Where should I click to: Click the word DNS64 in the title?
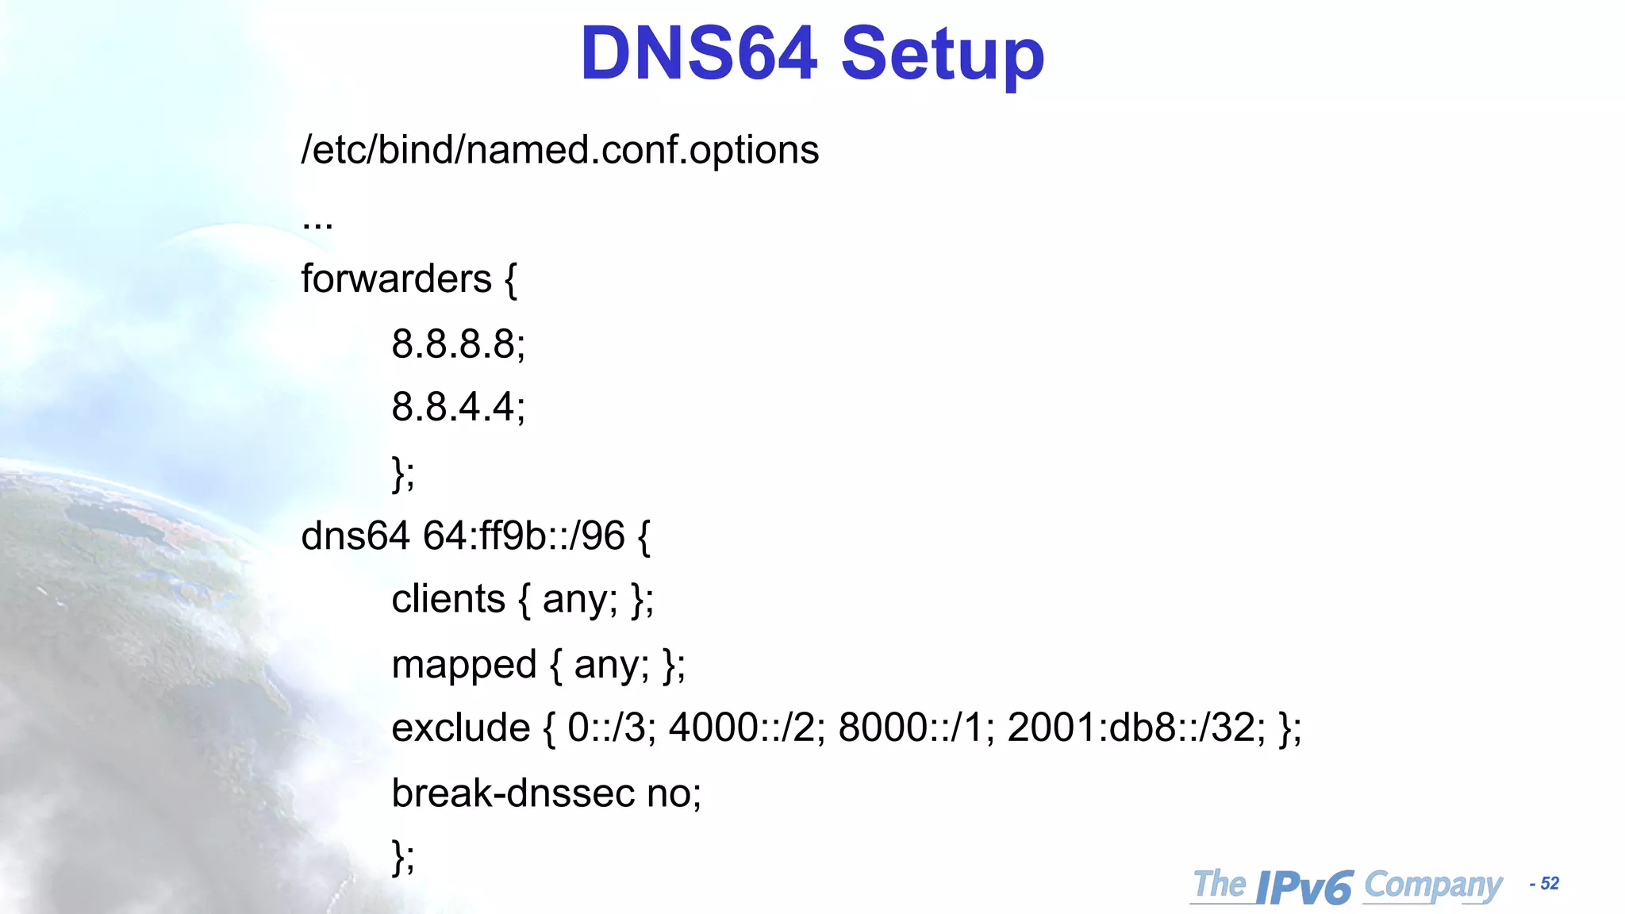coord(698,53)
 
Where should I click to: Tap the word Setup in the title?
coord(942,56)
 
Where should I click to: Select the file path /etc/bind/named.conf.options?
coord(559,150)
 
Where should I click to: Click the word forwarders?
coord(396,279)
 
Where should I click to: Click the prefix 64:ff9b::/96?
coord(524,536)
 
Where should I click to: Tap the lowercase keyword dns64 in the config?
coord(355,536)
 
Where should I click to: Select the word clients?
coord(448,599)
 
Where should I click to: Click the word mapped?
coord(464,665)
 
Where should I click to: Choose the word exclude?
coord(460,728)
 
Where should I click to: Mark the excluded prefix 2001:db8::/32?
coord(1135,728)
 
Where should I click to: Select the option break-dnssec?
coord(513,793)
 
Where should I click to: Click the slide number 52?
coord(1549,884)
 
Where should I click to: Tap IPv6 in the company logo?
coord(1304,887)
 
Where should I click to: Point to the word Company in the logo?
coord(1433,885)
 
